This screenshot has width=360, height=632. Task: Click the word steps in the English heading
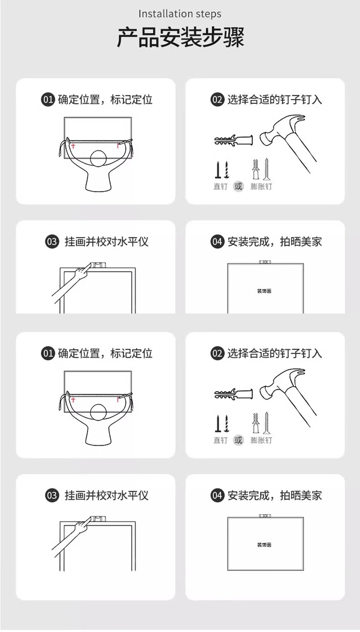point(209,14)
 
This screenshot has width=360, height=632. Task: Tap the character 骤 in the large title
point(234,37)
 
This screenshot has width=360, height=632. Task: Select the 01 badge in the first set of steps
point(48,100)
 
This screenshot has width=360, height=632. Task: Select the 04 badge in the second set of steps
point(217,495)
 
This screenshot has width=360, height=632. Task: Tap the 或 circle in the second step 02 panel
point(238,440)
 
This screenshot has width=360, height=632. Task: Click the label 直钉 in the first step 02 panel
point(220,186)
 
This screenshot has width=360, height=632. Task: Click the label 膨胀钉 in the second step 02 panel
point(261,440)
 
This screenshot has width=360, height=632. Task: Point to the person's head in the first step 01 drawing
point(98,158)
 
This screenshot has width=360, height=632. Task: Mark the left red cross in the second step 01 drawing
point(73,400)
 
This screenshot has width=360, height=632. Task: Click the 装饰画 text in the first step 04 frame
point(264,291)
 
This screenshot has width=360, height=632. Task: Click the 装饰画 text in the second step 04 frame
point(264,545)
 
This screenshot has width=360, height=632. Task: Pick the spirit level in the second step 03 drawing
point(98,518)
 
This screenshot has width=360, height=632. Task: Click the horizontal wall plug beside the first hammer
point(234,140)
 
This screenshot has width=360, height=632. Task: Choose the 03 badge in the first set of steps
point(52,242)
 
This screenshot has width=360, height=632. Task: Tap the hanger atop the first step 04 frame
point(265,262)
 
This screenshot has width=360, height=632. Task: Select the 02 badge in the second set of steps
point(217,354)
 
